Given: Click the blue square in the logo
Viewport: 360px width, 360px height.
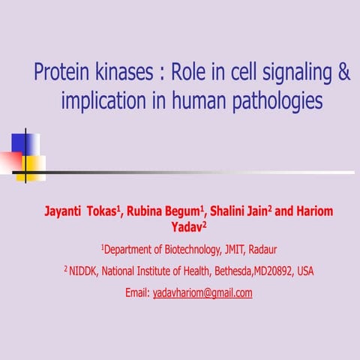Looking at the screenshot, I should click(22, 142).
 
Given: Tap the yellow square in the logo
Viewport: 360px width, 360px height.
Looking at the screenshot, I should click(32, 166).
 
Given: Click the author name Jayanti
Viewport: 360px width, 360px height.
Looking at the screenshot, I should click(69, 212).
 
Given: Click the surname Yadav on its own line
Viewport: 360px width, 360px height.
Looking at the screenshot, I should click(178, 226).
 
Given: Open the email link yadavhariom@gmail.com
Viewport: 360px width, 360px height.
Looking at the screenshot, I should click(202, 293).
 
